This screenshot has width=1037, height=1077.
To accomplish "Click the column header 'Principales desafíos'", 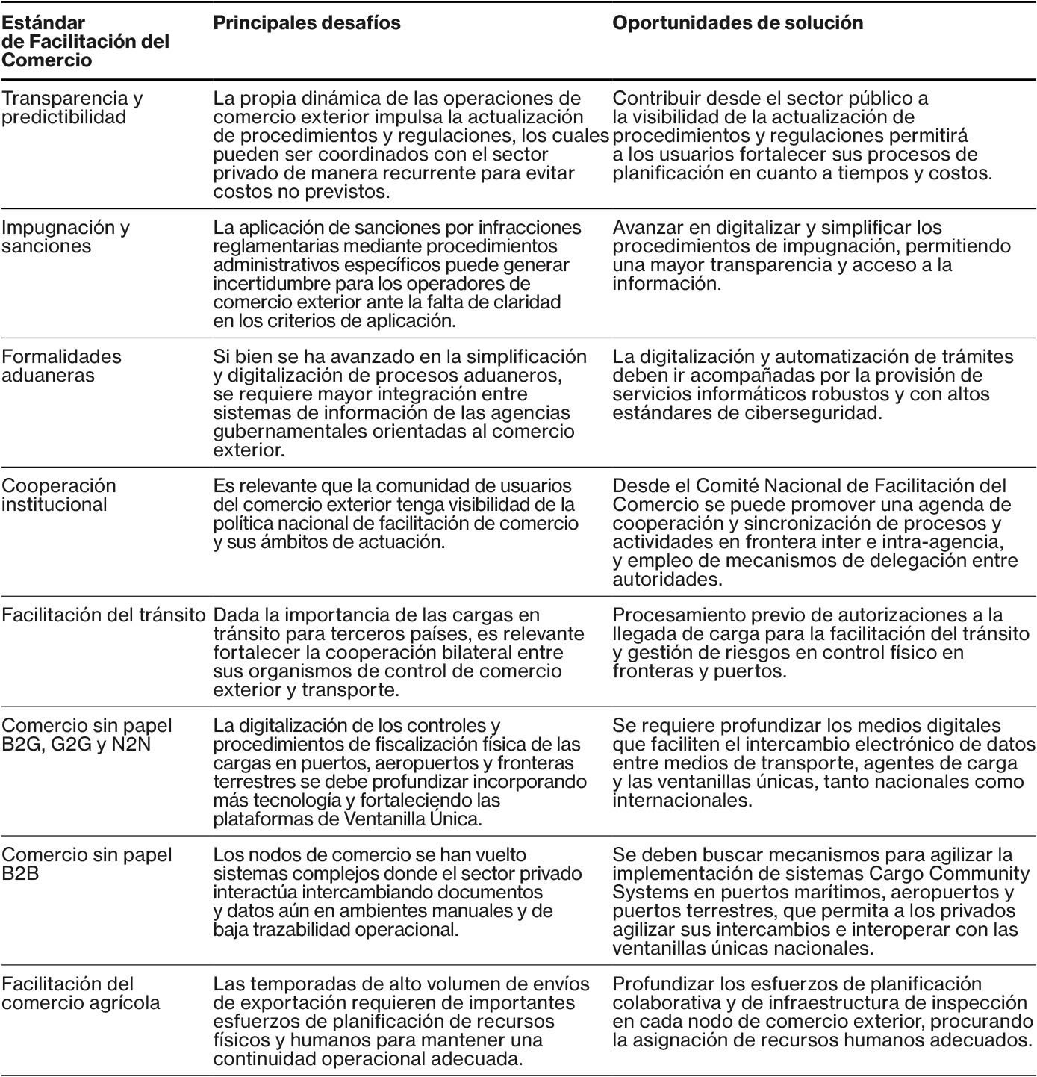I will [x=307, y=23].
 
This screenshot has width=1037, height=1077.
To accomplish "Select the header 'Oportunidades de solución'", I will [x=738, y=23].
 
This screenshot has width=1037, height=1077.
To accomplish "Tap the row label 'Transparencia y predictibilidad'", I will [x=72, y=108].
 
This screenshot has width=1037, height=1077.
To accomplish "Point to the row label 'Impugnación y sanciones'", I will [x=66, y=237].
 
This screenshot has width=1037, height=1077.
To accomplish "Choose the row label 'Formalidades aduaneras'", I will [x=61, y=366].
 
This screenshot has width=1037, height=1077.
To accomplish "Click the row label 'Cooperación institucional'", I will [x=59, y=495].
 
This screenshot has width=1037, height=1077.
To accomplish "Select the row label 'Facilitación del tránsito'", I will [x=103, y=615].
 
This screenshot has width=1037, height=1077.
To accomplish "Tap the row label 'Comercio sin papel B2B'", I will [x=87, y=864].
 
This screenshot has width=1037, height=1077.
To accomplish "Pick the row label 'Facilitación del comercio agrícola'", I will [x=81, y=993].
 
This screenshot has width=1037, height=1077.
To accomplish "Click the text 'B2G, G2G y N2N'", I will [x=76, y=745].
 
